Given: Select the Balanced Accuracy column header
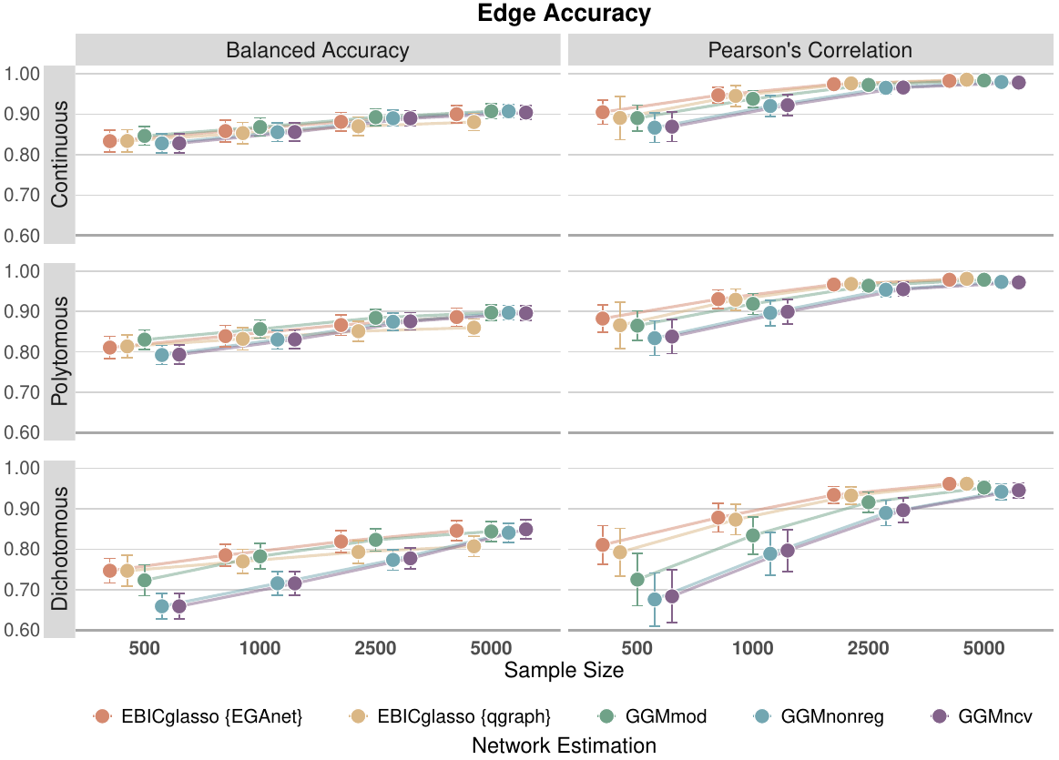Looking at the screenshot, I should (317, 50).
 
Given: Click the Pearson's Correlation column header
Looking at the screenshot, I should (810, 50).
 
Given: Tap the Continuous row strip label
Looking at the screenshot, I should (59, 156).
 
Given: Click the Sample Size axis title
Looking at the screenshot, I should (564, 671).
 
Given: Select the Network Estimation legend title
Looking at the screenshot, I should (564, 745).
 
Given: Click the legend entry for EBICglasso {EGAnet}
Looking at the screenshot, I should (198, 716).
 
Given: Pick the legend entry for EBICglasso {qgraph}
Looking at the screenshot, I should (450, 716).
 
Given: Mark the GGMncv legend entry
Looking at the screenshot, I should (979, 716).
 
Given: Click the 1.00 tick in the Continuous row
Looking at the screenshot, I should (22, 75).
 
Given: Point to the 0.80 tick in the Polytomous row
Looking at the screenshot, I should (22, 352).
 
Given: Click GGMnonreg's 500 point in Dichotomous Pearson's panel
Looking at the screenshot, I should (655, 600).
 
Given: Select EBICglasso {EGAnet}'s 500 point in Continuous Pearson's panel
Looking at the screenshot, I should (602, 112).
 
